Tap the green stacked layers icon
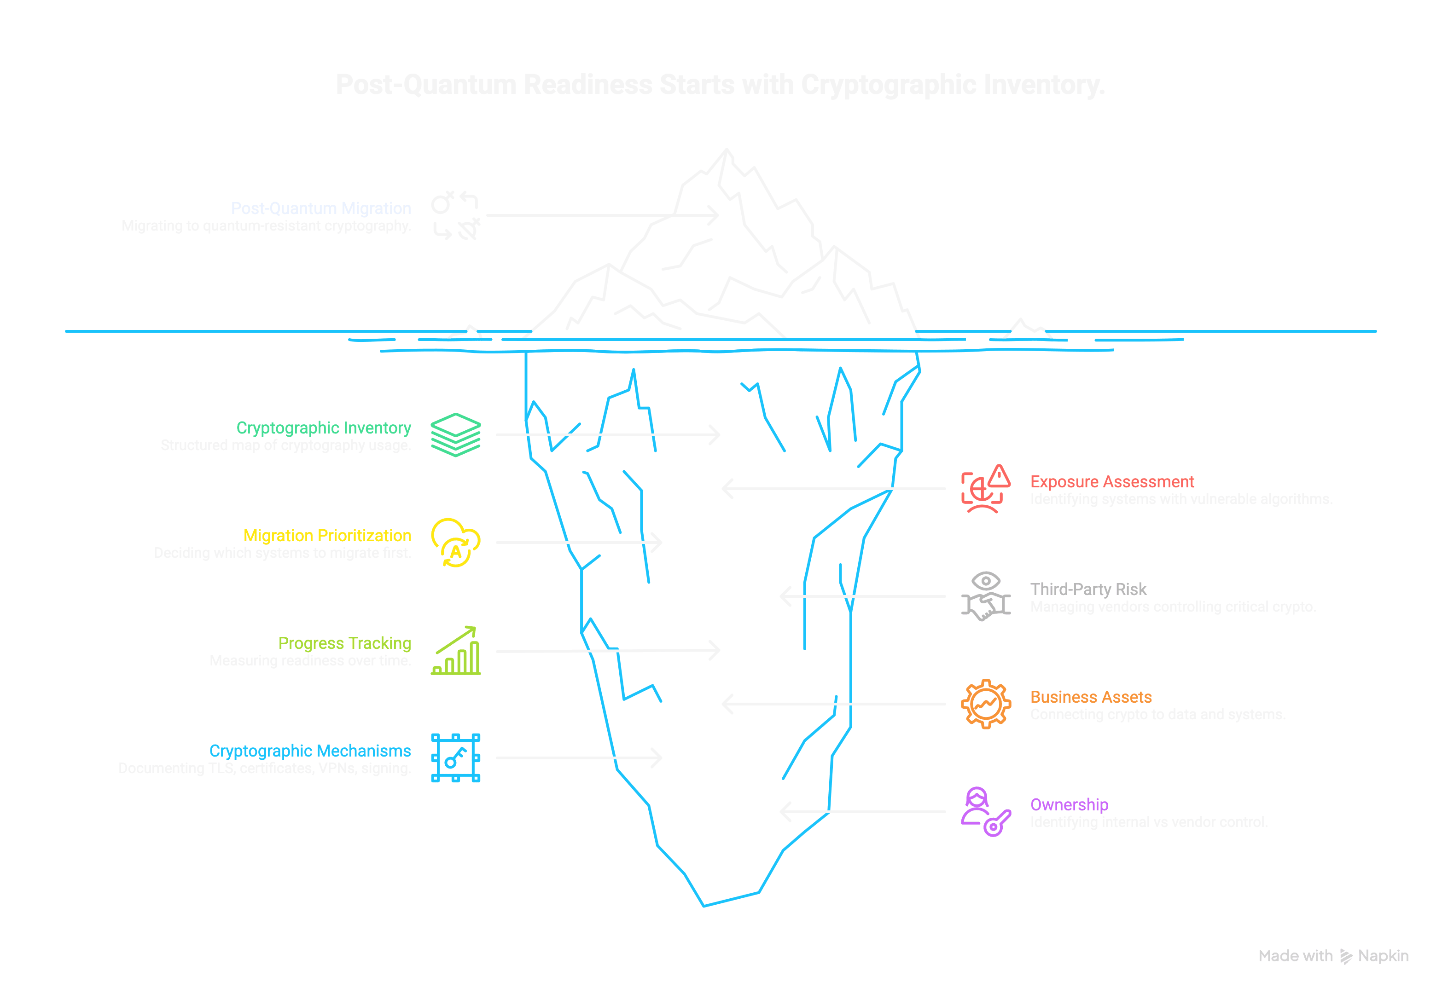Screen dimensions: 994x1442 [455, 435]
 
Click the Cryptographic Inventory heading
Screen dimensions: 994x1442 [323, 428]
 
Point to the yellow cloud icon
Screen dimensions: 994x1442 [455, 542]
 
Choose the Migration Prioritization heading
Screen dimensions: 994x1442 [327, 536]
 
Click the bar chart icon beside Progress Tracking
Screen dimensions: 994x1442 [455, 650]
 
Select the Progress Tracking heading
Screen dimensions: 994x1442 [344, 643]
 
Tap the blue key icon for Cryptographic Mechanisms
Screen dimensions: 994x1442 [455, 757]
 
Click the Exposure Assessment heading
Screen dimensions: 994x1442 [1112, 481]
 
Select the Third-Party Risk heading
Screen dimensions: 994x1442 [1088, 589]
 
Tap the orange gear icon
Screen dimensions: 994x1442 [986, 704]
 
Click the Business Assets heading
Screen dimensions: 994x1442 [1091, 697]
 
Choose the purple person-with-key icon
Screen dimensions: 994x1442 [986, 811]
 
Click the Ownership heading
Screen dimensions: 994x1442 [1069, 805]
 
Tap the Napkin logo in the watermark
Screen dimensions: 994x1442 [1346, 956]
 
